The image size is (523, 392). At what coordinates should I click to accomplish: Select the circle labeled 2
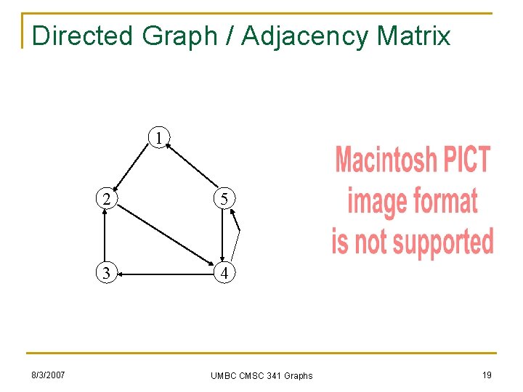107,198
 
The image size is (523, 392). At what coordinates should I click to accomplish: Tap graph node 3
107,274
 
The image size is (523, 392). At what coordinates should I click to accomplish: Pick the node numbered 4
225,274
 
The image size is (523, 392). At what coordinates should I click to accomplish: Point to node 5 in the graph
224,198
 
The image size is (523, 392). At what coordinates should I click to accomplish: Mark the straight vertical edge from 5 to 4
222,237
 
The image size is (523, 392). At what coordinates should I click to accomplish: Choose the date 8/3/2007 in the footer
47,375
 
